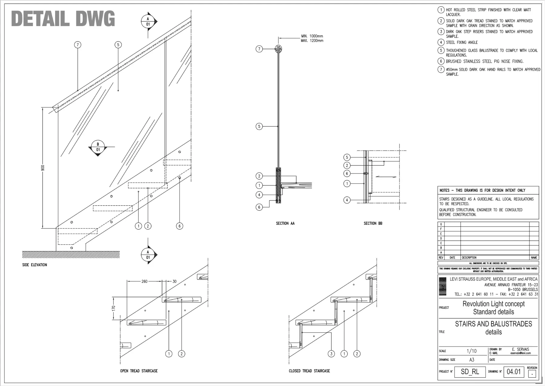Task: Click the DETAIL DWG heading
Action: (x=63, y=19)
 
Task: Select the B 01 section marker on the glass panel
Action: (x=98, y=147)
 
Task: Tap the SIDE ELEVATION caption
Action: (x=35, y=265)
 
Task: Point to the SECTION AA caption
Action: (x=285, y=223)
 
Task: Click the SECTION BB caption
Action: (x=373, y=223)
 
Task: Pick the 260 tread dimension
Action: (x=144, y=281)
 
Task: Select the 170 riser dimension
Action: (x=114, y=308)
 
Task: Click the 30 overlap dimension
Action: (x=174, y=281)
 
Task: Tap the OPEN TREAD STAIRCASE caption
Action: (x=139, y=371)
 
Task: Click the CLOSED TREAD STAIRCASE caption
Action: (x=309, y=371)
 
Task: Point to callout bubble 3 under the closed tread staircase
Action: (x=331, y=354)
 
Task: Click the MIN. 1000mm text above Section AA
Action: (x=312, y=36)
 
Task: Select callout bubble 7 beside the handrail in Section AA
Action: (x=259, y=49)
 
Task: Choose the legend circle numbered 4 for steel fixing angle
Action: (x=441, y=42)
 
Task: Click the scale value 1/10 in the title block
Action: (x=471, y=351)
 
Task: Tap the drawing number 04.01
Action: (x=514, y=371)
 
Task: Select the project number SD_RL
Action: (x=470, y=371)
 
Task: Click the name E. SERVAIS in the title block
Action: (x=520, y=349)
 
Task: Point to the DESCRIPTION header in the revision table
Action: (x=469, y=258)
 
